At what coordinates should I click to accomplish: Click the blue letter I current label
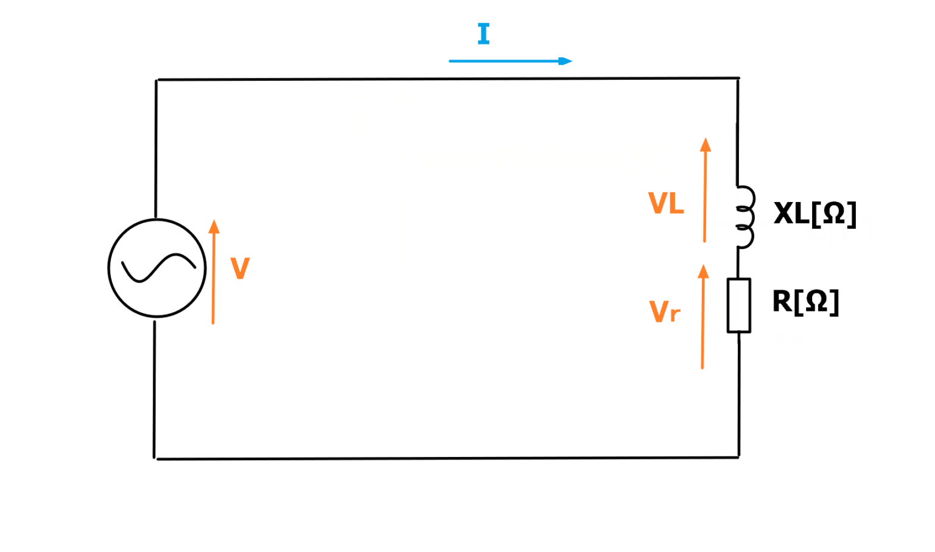(x=484, y=34)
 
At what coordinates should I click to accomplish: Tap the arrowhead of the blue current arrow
(x=566, y=61)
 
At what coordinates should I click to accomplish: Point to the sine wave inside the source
(x=158, y=268)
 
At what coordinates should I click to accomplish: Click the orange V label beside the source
(x=240, y=268)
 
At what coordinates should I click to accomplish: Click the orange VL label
(x=666, y=203)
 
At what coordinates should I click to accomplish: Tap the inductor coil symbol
(x=744, y=217)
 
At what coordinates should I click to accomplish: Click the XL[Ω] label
(x=815, y=214)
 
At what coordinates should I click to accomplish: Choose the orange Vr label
(x=665, y=312)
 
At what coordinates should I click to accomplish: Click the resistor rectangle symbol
(x=739, y=306)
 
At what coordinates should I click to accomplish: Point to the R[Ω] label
(x=806, y=301)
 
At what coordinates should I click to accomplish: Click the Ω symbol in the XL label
(x=834, y=213)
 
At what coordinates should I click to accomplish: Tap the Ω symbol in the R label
(x=816, y=301)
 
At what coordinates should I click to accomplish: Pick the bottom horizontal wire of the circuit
(x=426, y=458)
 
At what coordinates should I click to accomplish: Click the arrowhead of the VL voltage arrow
(x=706, y=145)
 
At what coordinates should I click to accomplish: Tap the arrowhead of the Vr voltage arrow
(x=704, y=271)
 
